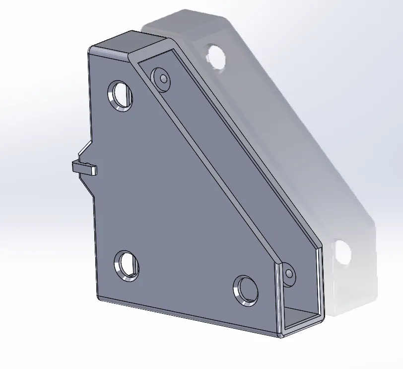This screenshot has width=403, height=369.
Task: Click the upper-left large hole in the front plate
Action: point(121,93)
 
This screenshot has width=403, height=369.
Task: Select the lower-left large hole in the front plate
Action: point(127,265)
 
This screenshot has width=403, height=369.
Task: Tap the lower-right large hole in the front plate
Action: point(246,289)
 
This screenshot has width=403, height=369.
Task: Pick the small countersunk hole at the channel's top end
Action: point(162,78)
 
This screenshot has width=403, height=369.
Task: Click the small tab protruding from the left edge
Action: point(84,168)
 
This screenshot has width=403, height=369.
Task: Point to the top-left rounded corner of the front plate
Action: point(90,50)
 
